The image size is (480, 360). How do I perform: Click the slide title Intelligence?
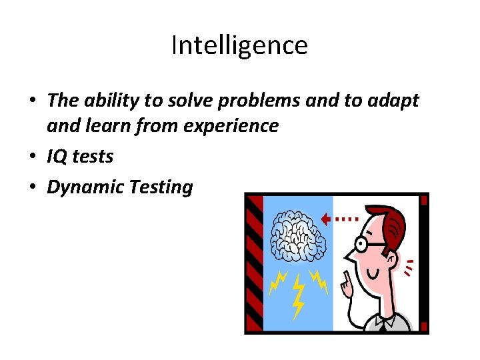[x=239, y=46]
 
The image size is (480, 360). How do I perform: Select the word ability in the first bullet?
[x=110, y=101]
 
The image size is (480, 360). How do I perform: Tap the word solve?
[x=191, y=101]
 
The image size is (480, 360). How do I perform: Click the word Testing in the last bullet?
[x=160, y=187]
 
